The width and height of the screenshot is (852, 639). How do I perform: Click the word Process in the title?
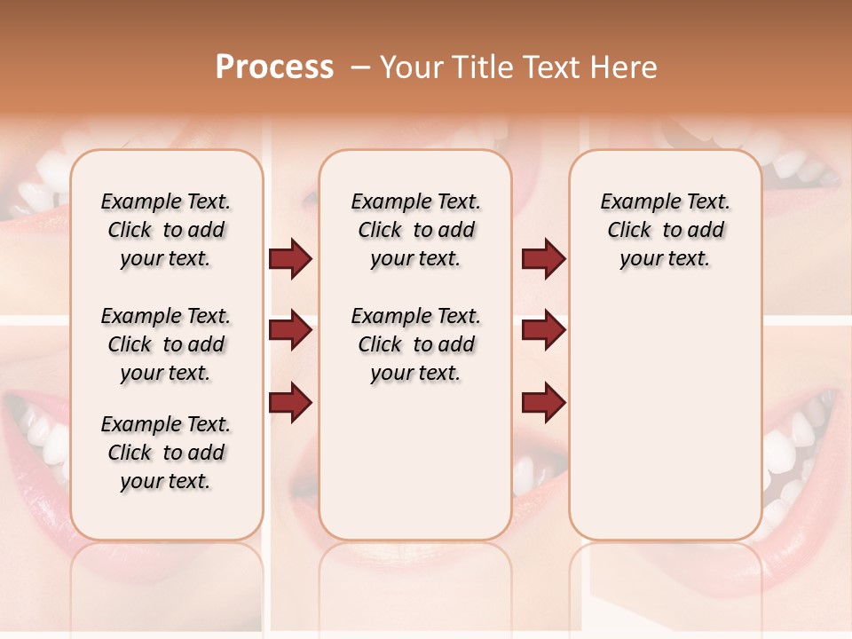coord(274,67)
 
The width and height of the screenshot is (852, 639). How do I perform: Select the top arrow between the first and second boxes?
coord(290,259)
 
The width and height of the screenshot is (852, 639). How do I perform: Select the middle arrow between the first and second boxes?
coord(290,331)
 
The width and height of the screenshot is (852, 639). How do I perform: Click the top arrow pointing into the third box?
coord(543,259)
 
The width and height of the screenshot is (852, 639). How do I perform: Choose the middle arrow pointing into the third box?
coord(543,331)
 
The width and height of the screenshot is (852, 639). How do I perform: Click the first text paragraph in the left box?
coord(166,230)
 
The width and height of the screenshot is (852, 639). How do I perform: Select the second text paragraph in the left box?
coord(166,344)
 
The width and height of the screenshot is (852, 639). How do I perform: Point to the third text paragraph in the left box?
coord(166,453)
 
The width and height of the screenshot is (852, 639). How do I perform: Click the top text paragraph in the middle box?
coord(415,230)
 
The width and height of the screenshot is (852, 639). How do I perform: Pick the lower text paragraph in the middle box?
coord(415,344)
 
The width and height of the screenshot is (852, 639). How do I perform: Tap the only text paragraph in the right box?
coord(665,230)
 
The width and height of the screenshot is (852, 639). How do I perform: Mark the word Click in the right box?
coord(629,231)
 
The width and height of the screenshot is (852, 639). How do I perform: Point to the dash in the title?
coord(359,67)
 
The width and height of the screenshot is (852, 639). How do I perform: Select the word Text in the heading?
coord(550,67)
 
